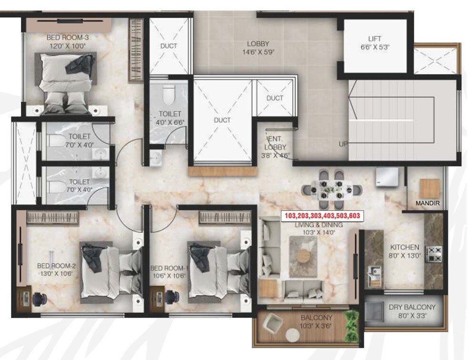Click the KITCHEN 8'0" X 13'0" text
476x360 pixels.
click(405, 251)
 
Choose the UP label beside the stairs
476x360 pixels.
click(343, 144)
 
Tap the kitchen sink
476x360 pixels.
click(374, 274)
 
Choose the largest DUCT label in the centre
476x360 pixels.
click(222, 120)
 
